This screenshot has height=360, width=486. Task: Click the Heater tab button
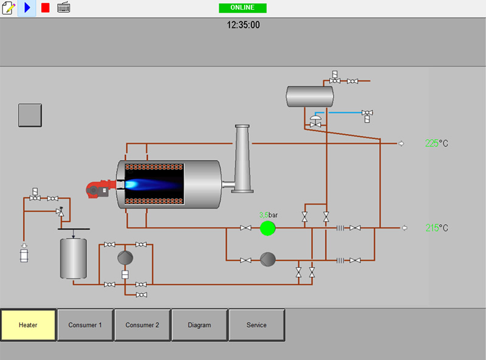28,325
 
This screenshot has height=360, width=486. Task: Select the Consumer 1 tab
85,325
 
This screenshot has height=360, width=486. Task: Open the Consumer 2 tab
142,325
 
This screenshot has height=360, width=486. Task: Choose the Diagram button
199,325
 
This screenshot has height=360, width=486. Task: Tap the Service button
256,325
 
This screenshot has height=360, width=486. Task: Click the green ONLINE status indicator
242,8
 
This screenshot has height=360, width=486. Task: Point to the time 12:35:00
243,25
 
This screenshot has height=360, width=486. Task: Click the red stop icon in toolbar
45,8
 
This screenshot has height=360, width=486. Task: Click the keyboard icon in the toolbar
63,8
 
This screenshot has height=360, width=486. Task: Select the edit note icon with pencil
9,8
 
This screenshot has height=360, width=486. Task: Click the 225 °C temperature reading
437,143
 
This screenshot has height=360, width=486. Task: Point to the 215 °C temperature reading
437,228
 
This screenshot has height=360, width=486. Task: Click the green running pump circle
267,228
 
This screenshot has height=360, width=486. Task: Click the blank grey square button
30,115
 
